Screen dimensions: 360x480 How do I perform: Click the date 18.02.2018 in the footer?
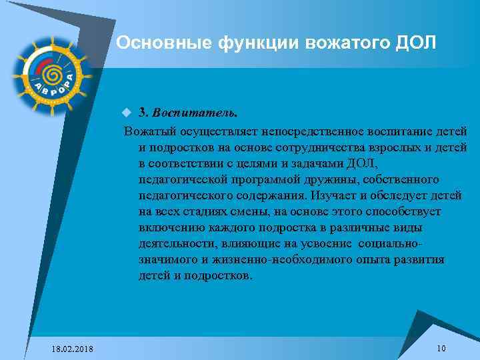point(72,349)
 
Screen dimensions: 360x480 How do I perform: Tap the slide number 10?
point(441,349)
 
